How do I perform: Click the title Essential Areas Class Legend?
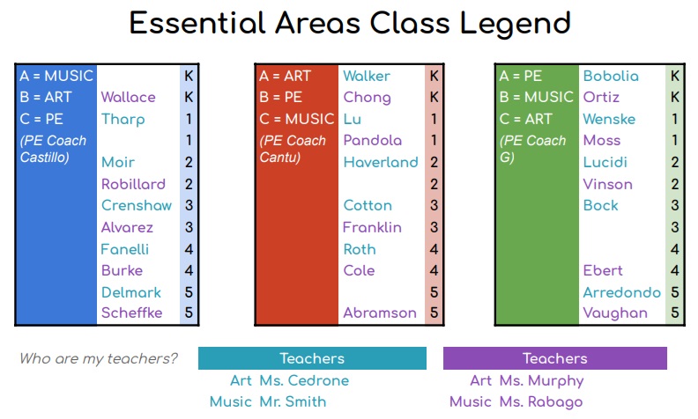pyautogui.click(x=350, y=23)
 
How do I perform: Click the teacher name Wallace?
pyautogui.click(x=128, y=97)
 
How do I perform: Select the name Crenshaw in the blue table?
pyautogui.click(x=137, y=205)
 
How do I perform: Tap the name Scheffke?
pyautogui.click(x=131, y=312)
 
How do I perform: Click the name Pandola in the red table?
pyautogui.click(x=372, y=140)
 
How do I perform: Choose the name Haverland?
pyautogui.click(x=381, y=162)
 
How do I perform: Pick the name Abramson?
pyautogui.click(x=380, y=312)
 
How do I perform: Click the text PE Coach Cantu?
pyautogui.click(x=293, y=149)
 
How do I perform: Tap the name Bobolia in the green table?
pyautogui.click(x=611, y=76)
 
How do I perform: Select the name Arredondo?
pyautogui.click(x=622, y=291)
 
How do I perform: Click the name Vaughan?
pyautogui.click(x=615, y=312)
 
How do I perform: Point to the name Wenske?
pyautogui.click(x=609, y=119)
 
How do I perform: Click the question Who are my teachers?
pyautogui.click(x=99, y=358)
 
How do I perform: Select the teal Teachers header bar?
pyautogui.click(x=312, y=358)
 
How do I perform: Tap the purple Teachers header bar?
pyautogui.click(x=554, y=358)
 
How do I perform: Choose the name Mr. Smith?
pyautogui.click(x=293, y=401)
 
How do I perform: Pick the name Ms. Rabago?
pyautogui.click(x=541, y=401)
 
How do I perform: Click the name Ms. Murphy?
pyautogui.click(x=541, y=380)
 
